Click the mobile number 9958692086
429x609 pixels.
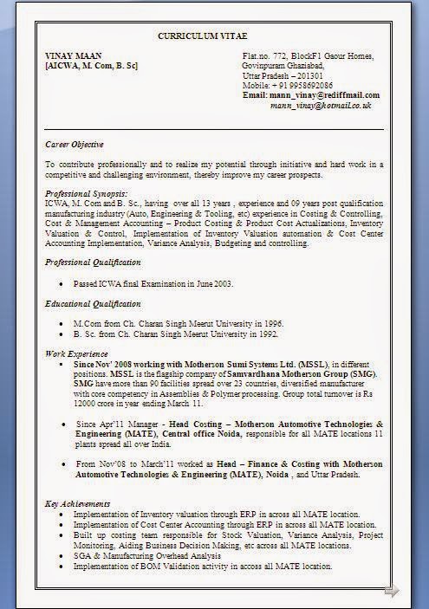[304, 85]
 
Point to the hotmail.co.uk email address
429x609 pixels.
[320, 105]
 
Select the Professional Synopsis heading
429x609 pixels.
[87, 193]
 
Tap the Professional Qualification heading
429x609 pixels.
[92, 262]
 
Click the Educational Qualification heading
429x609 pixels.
[93, 304]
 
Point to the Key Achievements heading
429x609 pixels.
[77, 503]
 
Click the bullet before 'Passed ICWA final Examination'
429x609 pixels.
[60, 284]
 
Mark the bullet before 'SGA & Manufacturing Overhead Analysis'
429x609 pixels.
[60, 556]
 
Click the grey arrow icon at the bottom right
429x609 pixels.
[392, 592]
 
